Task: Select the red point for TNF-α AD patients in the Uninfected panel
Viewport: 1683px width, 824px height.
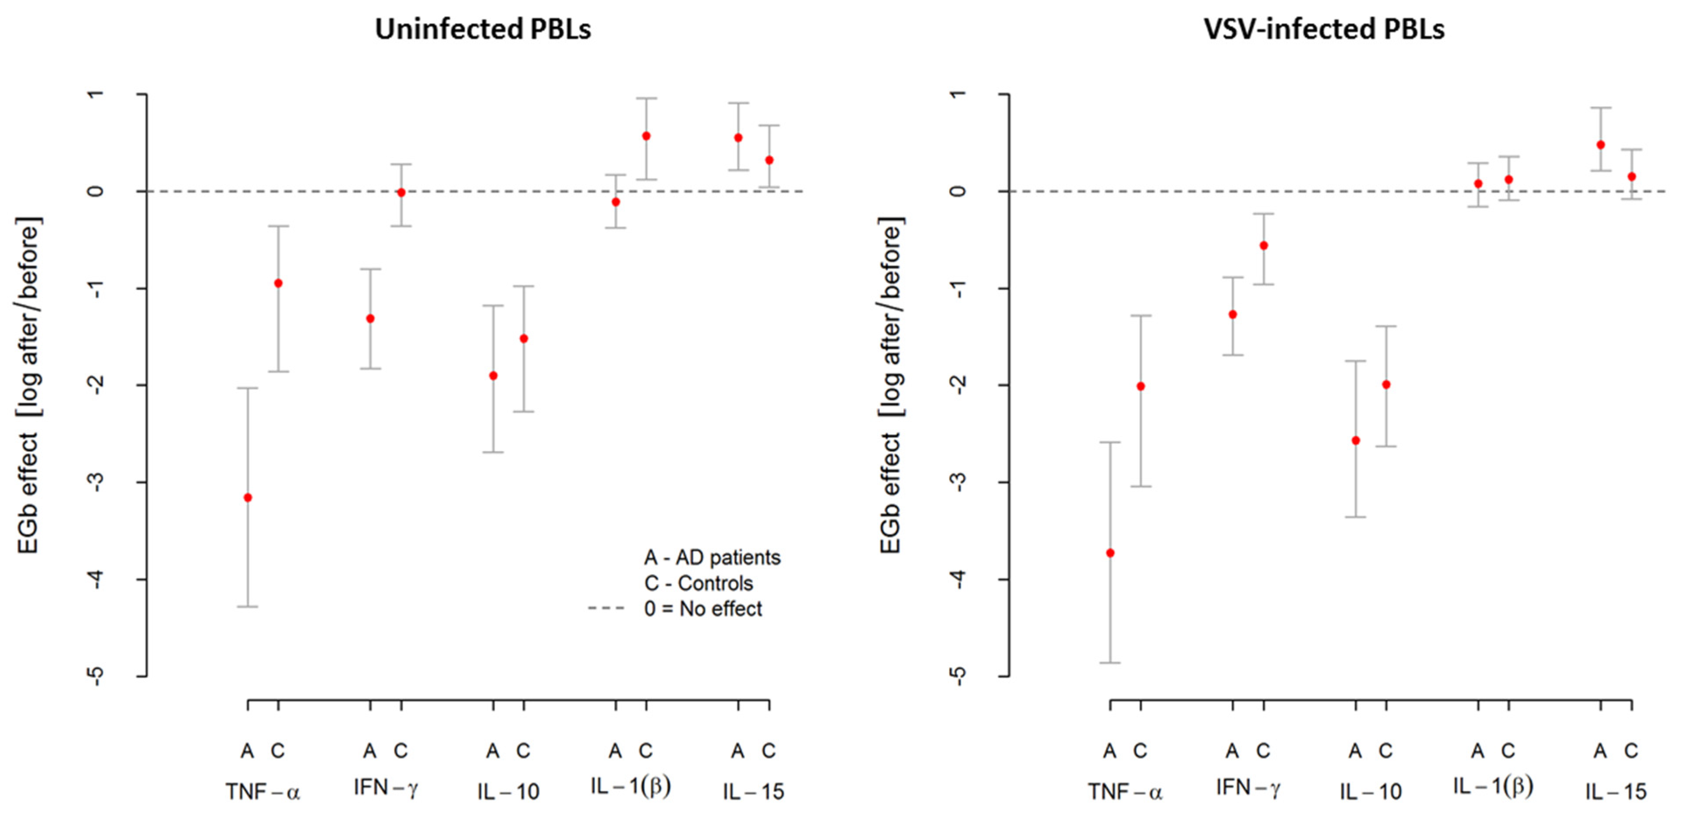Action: point(248,497)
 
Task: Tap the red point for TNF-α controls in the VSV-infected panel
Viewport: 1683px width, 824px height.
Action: point(1141,386)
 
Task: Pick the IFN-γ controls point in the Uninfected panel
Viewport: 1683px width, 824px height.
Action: point(401,193)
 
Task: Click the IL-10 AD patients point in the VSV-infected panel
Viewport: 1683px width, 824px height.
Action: point(1356,441)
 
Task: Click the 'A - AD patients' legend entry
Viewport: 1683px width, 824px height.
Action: point(712,558)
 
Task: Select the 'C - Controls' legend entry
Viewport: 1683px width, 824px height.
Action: point(698,583)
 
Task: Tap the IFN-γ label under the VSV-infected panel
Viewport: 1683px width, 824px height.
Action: point(1248,788)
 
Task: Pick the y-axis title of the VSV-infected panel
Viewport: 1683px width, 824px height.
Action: point(891,385)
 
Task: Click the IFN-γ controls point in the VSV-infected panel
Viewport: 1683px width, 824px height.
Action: point(1264,246)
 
